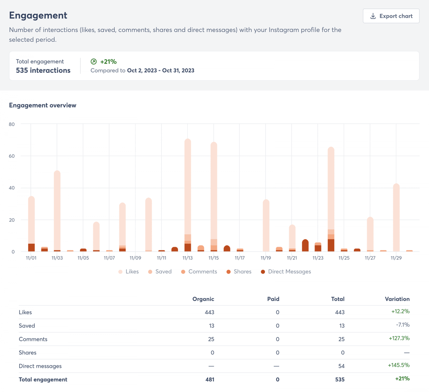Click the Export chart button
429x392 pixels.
(x=391, y=16)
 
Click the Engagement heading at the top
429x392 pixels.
(x=38, y=15)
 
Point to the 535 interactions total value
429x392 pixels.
(x=43, y=70)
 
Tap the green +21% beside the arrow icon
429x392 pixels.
(x=108, y=61)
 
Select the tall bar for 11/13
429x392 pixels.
(x=188, y=189)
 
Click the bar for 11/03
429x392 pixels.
(x=57, y=210)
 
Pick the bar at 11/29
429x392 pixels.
(x=396, y=218)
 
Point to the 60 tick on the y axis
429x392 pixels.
(x=12, y=156)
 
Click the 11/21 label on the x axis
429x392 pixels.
(x=292, y=258)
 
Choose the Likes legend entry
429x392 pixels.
(x=128, y=271)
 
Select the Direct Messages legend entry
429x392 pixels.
(x=286, y=271)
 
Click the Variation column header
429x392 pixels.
(x=397, y=299)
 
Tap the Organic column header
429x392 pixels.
(x=203, y=299)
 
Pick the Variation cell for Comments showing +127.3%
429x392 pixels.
(x=399, y=338)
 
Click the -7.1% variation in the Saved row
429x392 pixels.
(x=403, y=325)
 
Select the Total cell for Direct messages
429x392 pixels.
(x=341, y=366)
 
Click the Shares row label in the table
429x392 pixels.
(x=28, y=352)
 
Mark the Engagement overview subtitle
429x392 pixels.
(x=43, y=105)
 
